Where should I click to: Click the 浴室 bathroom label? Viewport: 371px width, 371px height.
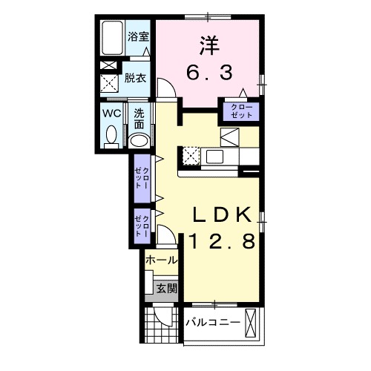[x=138, y=37]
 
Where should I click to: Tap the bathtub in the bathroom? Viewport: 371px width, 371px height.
[x=113, y=38]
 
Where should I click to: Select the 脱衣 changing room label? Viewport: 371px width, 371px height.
[x=135, y=78]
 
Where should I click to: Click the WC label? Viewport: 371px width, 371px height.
[x=112, y=114]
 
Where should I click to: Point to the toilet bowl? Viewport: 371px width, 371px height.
[x=111, y=137]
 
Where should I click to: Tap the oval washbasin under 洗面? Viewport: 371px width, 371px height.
[x=139, y=141]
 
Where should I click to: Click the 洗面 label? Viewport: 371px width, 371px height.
[x=139, y=119]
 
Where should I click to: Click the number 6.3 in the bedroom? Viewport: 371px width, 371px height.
[x=209, y=73]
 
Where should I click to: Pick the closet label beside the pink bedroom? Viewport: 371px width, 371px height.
[x=241, y=111]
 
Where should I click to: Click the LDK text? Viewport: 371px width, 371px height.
[x=223, y=215]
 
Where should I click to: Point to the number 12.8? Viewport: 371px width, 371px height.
[x=222, y=241]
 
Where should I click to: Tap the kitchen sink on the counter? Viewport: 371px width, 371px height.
[x=214, y=157]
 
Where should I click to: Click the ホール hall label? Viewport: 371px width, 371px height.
[x=161, y=260]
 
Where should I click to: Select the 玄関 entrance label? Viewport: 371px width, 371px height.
[x=167, y=289]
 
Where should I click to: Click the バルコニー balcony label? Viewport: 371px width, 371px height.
[x=213, y=323]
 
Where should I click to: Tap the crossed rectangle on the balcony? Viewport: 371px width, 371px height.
[x=252, y=324]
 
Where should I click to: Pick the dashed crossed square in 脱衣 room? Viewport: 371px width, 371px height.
[x=109, y=83]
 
